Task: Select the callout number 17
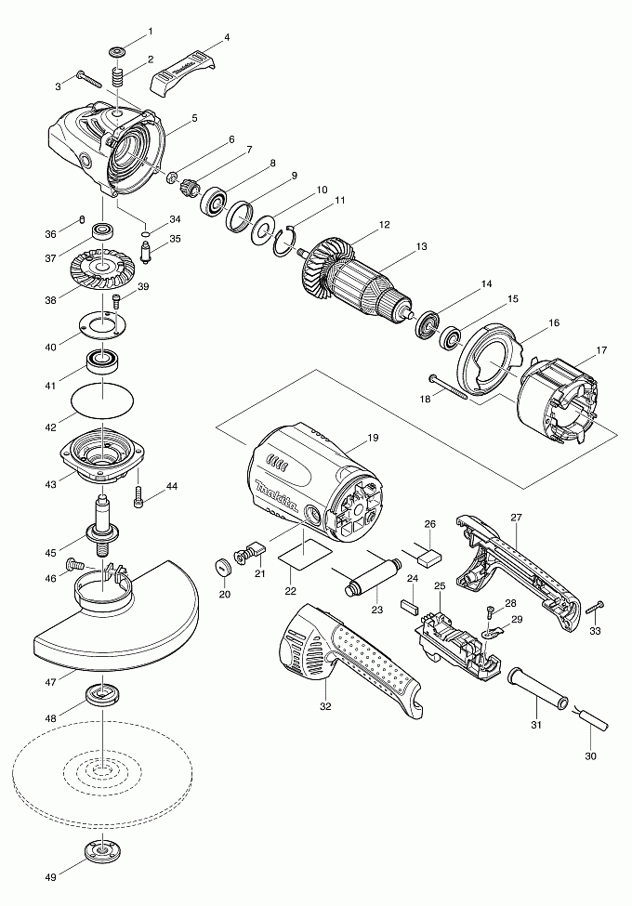tap(600, 350)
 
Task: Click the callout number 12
tap(383, 225)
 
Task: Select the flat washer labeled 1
tap(119, 50)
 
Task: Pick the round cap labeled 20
tap(223, 569)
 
